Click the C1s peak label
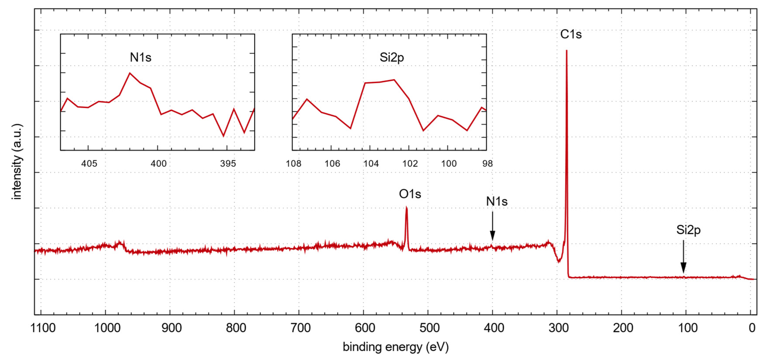click(x=570, y=34)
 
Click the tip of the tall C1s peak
click(x=566, y=51)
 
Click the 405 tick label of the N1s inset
click(x=89, y=164)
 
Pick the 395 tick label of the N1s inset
click(x=228, y=164)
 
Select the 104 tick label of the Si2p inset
click(x=371, y=164)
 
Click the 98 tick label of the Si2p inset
click(x=487, y=164)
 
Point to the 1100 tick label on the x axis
click(x=43, y=328)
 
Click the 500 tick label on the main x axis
click(x=429, y=328)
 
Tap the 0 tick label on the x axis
click(x=752, y=328)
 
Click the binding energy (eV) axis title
click(x=395, y=347)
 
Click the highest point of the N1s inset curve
click(x=130, y=73)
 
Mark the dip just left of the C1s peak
click(x=558, y=261)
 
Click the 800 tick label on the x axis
click(x=236, y=328)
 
